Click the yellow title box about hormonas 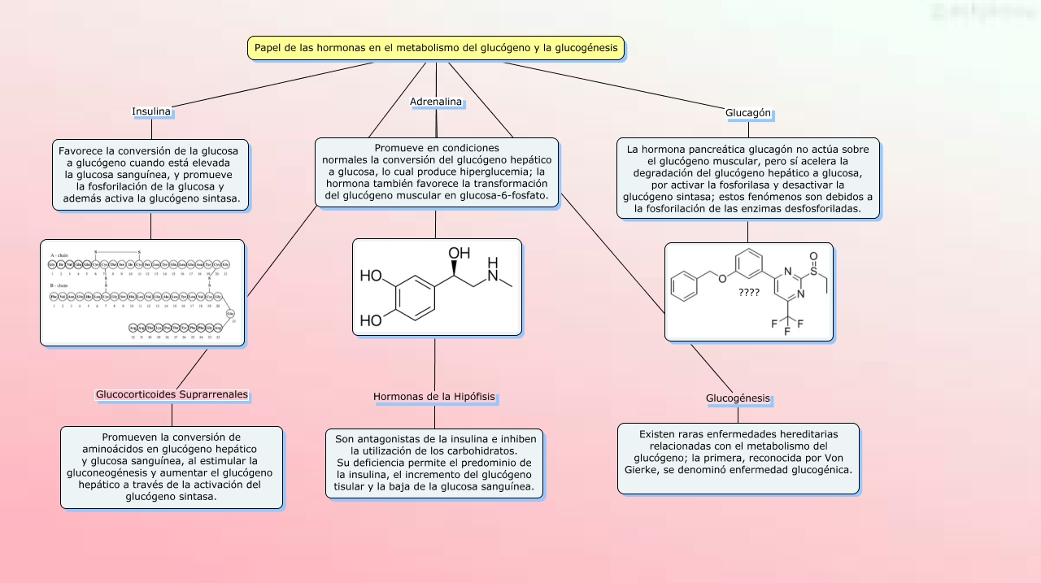(x=436, y=48)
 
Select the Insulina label (x=151, y=111)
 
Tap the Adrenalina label (x=436, y=102)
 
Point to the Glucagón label (x=748, y=113)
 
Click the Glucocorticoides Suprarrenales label (x=172, y=394)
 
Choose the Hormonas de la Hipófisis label (x=434, y=397)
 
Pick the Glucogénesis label (x=738, y=398)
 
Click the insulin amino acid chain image (x=142, y=292)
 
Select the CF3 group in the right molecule (x=787, y=324)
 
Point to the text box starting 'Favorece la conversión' (x=151, y=175)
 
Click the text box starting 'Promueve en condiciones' (x=437, y=172)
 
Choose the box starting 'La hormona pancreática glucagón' (x=748, y=179)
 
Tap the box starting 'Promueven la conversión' (x=172, y=468)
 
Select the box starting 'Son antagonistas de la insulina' (x=434, y=463)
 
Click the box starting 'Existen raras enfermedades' (x=738, y=458)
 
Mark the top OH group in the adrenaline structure (x=460, y=254)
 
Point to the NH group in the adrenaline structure (x=492, y=266)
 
